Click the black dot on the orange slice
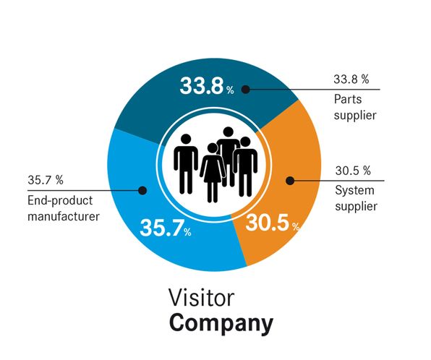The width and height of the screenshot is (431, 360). pyautogui.click(x=290, y=181)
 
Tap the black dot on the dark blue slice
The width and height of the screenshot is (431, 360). pyautogui.click(x=245, y=90)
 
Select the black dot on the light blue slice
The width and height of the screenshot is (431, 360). pyautogui.click(x=142, y=190)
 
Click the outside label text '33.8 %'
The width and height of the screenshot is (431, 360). pyautogui.click(x=351, y=79)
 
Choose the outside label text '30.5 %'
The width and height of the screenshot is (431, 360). pyautogui.click(x=353, y=171)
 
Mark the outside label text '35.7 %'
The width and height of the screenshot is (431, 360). pyautogui.click(x=46, y=180)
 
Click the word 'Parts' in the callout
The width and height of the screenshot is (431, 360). pyautogui.click(x=348, y=99)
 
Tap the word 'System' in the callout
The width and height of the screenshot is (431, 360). pyautogui.click(x=354, y=190)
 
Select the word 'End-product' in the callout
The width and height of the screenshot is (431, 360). pyautogui.click(x=60, y=201)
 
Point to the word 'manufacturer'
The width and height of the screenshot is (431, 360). pyautogui.click(x=64, y=216)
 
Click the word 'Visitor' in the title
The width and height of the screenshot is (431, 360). pyautogui.click(x=202, y=297)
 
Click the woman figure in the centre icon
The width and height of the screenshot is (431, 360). pyautogui.click(x=212, y=173)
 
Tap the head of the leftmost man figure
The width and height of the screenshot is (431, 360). pyautogui.click(x=186, y=139)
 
